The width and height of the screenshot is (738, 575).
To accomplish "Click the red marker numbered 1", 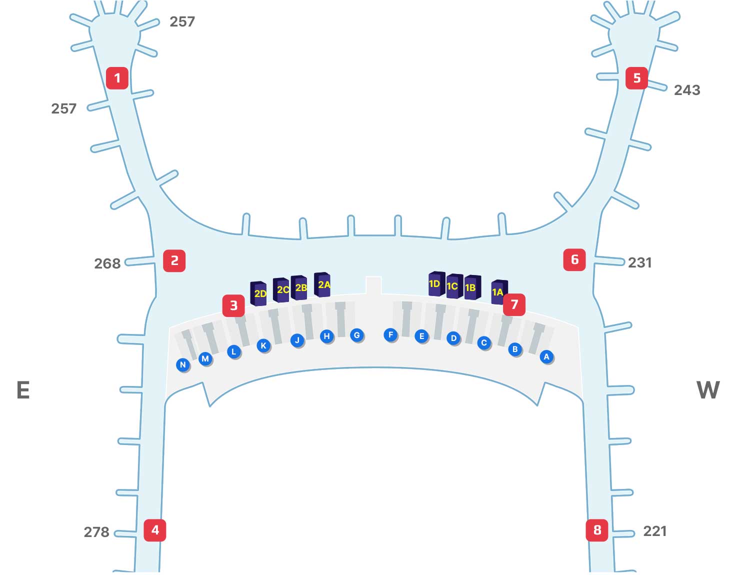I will tap(117, 78).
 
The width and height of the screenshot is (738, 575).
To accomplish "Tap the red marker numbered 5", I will tap(636, 78).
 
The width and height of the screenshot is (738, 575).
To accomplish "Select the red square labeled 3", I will tap(233, 305).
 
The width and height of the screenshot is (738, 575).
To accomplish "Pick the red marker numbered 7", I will tap(514, 304).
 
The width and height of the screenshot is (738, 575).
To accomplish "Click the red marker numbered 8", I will tap(597, 530).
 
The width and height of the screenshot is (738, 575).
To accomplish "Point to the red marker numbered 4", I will tap(155, 530).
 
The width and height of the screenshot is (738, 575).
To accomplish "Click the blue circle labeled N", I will tap(183, 364).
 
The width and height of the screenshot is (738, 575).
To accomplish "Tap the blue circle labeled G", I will tap(356, 335).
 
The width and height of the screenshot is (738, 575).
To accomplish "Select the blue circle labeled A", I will tap(546, 356).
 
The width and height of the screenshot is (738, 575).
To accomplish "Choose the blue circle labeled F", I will tap(390, 334).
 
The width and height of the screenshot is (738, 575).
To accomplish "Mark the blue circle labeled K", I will tap(263, 345).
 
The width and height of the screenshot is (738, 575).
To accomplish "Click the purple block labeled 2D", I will tap(258, 293).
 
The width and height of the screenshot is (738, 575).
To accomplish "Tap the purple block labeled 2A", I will tap(322, 284).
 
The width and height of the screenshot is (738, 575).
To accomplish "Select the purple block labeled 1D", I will tap(436, 283).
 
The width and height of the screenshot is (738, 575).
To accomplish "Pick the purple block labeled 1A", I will tap(498, 291).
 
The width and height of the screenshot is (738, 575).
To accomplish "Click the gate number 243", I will tap(686, 90).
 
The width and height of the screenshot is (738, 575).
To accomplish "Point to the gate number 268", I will tap(107, 263).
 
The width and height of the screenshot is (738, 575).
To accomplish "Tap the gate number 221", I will tap(654, 531).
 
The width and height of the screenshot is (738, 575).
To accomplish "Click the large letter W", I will tap(708, 389).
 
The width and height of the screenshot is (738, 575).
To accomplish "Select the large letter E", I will tap(23, 389).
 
